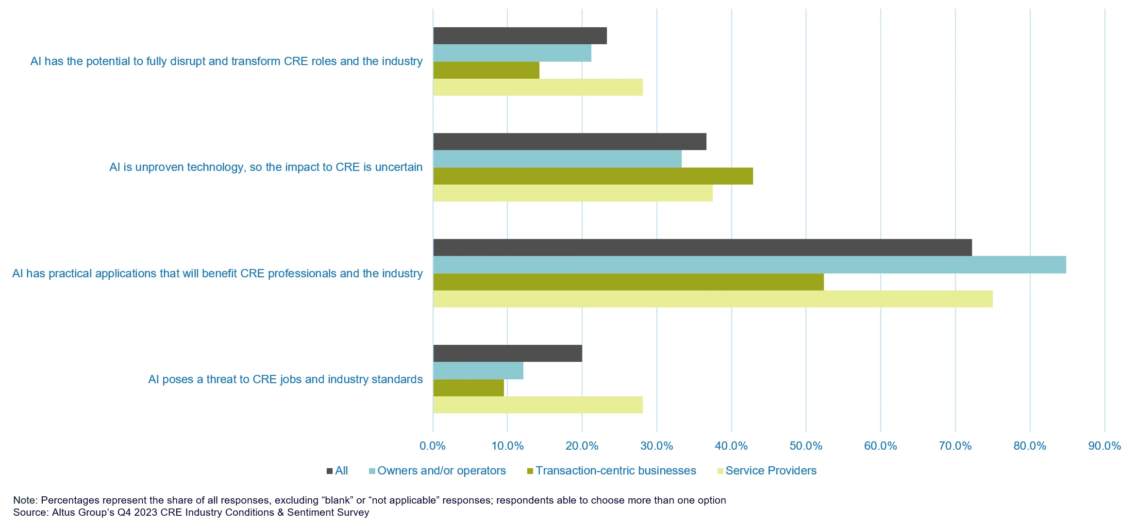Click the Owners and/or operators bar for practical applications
[749, 265]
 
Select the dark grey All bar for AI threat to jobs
[507, 353]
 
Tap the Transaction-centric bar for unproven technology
[593, 176]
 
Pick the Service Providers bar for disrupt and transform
[537, 87]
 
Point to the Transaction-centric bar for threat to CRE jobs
[468, 388]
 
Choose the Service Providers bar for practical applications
[713, 299]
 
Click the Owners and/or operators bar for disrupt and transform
[512, 53]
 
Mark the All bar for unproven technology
[569, 141]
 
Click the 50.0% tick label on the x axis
[806, 446]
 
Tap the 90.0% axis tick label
[1104, 446]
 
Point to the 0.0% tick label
[433, 446]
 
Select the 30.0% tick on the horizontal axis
[656, 446]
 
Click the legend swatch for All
[330, 471]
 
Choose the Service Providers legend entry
[770, 471]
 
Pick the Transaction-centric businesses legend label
[616, 471]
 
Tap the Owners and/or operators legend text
[441, 471]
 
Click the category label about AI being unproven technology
[266, 167]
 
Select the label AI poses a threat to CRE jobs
[285, 379]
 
